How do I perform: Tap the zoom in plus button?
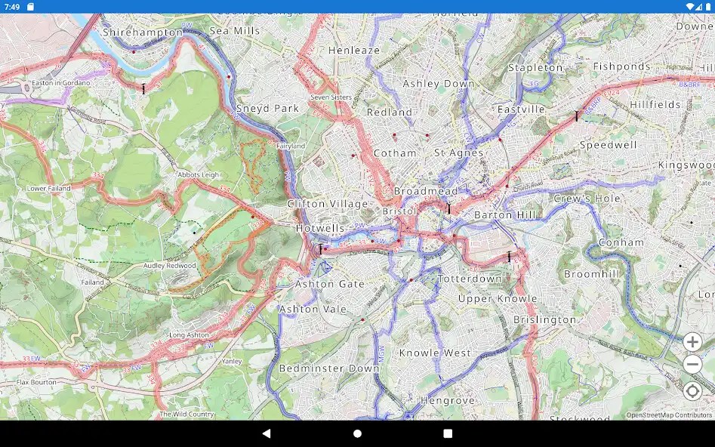[x=692, y=342]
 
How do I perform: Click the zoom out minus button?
[x=692, y=365]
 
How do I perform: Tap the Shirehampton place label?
[x=143, y=32]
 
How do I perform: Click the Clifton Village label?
[x=328, y=204]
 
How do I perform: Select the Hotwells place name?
[x=320, y=228]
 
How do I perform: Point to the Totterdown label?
[x=470, y=279]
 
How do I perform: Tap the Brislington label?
[x=545, y=319]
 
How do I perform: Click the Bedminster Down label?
[x=329, y=368]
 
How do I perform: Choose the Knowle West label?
[x=435, y=353]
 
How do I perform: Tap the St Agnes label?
[x=459, y=153]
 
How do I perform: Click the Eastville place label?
[x=521, y=109]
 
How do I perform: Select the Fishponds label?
[x=621, y=66]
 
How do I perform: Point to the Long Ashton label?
[x=189, y=334]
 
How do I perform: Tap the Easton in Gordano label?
[x=60, y=82]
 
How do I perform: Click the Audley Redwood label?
[x=170, y=266]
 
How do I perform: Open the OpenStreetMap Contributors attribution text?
[x=669, y=415]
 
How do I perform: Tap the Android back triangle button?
[x=266, y=433]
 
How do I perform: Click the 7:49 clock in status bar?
[x=12, y=6]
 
